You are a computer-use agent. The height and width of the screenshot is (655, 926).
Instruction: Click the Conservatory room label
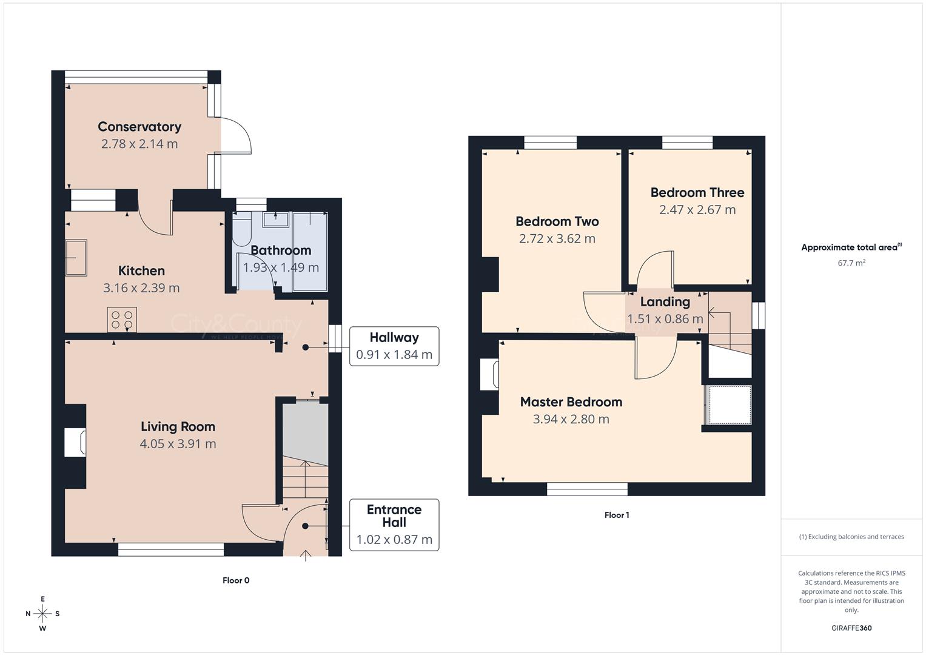(139, 127)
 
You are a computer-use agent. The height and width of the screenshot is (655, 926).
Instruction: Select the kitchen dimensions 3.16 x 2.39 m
(141, 288)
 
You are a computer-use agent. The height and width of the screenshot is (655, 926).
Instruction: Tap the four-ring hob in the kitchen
(121, 320)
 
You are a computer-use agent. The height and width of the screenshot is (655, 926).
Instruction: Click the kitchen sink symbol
(76, 258)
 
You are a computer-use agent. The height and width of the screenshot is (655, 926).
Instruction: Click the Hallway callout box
(394, 346)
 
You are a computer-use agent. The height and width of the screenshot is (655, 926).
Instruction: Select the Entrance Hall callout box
(394, 525)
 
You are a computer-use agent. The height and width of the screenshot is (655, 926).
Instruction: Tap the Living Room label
(178, 426)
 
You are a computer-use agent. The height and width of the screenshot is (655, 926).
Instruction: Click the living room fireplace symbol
(76, 442)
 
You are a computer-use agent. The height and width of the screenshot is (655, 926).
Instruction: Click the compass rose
(42, 614)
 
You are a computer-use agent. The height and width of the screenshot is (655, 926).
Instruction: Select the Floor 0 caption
(236, 580)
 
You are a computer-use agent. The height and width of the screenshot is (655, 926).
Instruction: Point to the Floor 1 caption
(617, 515)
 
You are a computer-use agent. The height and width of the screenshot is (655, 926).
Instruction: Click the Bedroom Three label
(697, 193)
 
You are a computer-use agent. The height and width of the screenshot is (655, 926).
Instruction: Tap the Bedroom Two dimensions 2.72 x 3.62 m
(557, 239)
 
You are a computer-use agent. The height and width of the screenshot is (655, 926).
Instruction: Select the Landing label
(665, 302)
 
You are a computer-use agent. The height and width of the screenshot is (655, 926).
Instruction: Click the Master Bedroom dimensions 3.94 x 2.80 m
(571, 419)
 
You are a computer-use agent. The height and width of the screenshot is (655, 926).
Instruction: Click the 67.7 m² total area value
(851, 263)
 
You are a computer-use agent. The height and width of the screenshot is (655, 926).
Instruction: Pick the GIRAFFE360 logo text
(851, 628)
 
